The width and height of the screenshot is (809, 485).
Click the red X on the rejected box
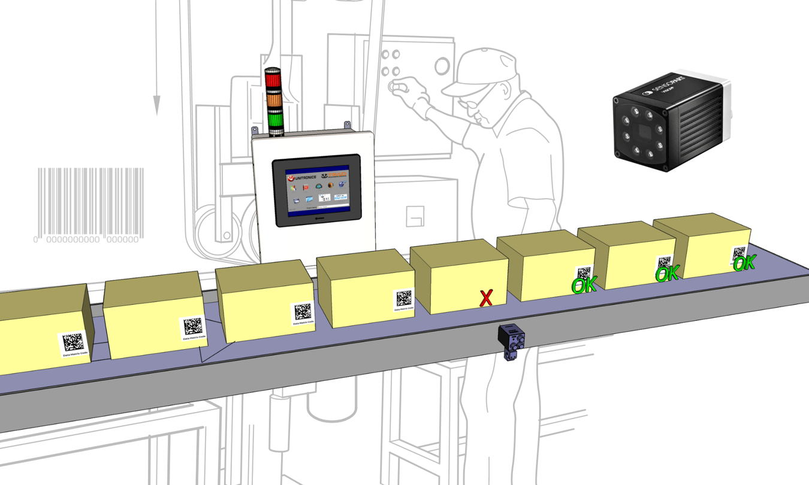point(486,297)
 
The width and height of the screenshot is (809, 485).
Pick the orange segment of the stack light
point(274,99)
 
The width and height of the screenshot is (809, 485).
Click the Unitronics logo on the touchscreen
point(301,178)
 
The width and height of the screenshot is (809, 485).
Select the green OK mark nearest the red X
point(584,286)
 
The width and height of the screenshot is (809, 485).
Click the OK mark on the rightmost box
point(744,263)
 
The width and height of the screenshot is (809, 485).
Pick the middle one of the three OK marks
point(666,274)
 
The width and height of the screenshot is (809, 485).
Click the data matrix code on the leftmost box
point(73,342)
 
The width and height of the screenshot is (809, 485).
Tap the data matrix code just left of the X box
point(404,298)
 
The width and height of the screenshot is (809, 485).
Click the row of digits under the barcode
point(87,240)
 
